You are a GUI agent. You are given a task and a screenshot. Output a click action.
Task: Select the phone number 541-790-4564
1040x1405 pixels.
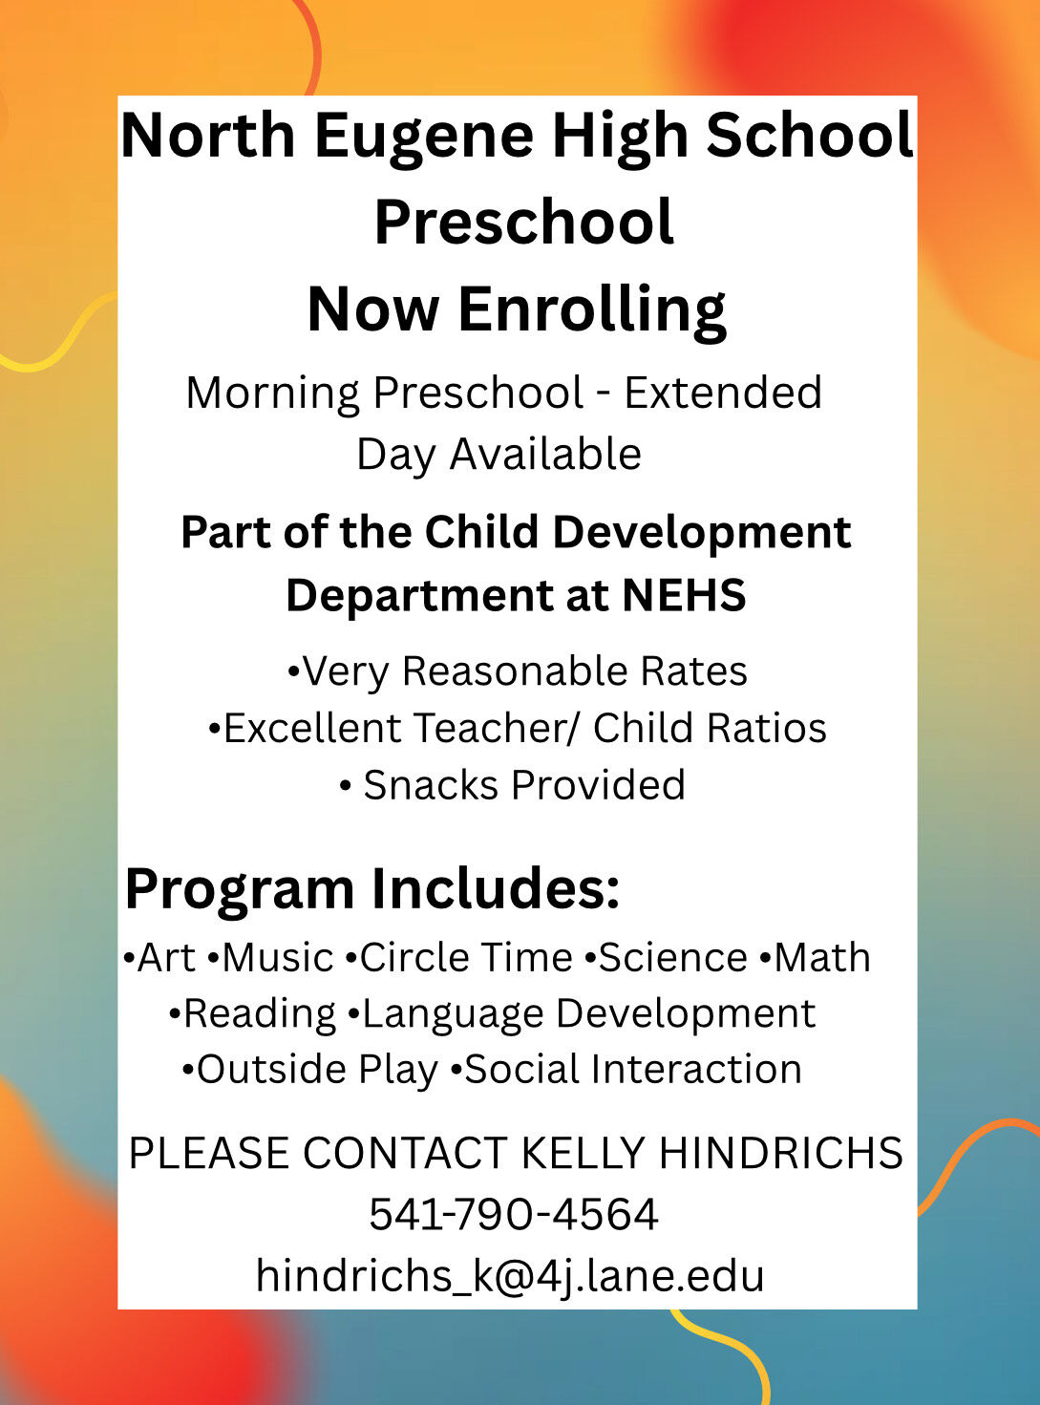click(514, 1214)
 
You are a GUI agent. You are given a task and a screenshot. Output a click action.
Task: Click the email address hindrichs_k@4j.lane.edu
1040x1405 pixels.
click(510, 1276)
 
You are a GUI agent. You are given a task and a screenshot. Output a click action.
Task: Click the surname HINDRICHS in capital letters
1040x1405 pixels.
click(781, 1152)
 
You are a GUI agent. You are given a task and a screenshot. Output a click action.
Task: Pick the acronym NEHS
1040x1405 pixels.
click(684, 595)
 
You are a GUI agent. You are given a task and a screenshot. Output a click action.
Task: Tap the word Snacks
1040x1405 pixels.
click(431, 785)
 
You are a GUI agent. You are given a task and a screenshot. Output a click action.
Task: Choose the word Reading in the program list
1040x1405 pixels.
click(260, 1014)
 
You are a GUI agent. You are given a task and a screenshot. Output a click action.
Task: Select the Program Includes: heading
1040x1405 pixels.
click(372, 890)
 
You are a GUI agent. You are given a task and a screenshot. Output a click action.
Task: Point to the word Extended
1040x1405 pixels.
click(723, 393)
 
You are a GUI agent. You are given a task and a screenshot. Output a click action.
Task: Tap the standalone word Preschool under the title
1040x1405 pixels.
click(524, 221)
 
